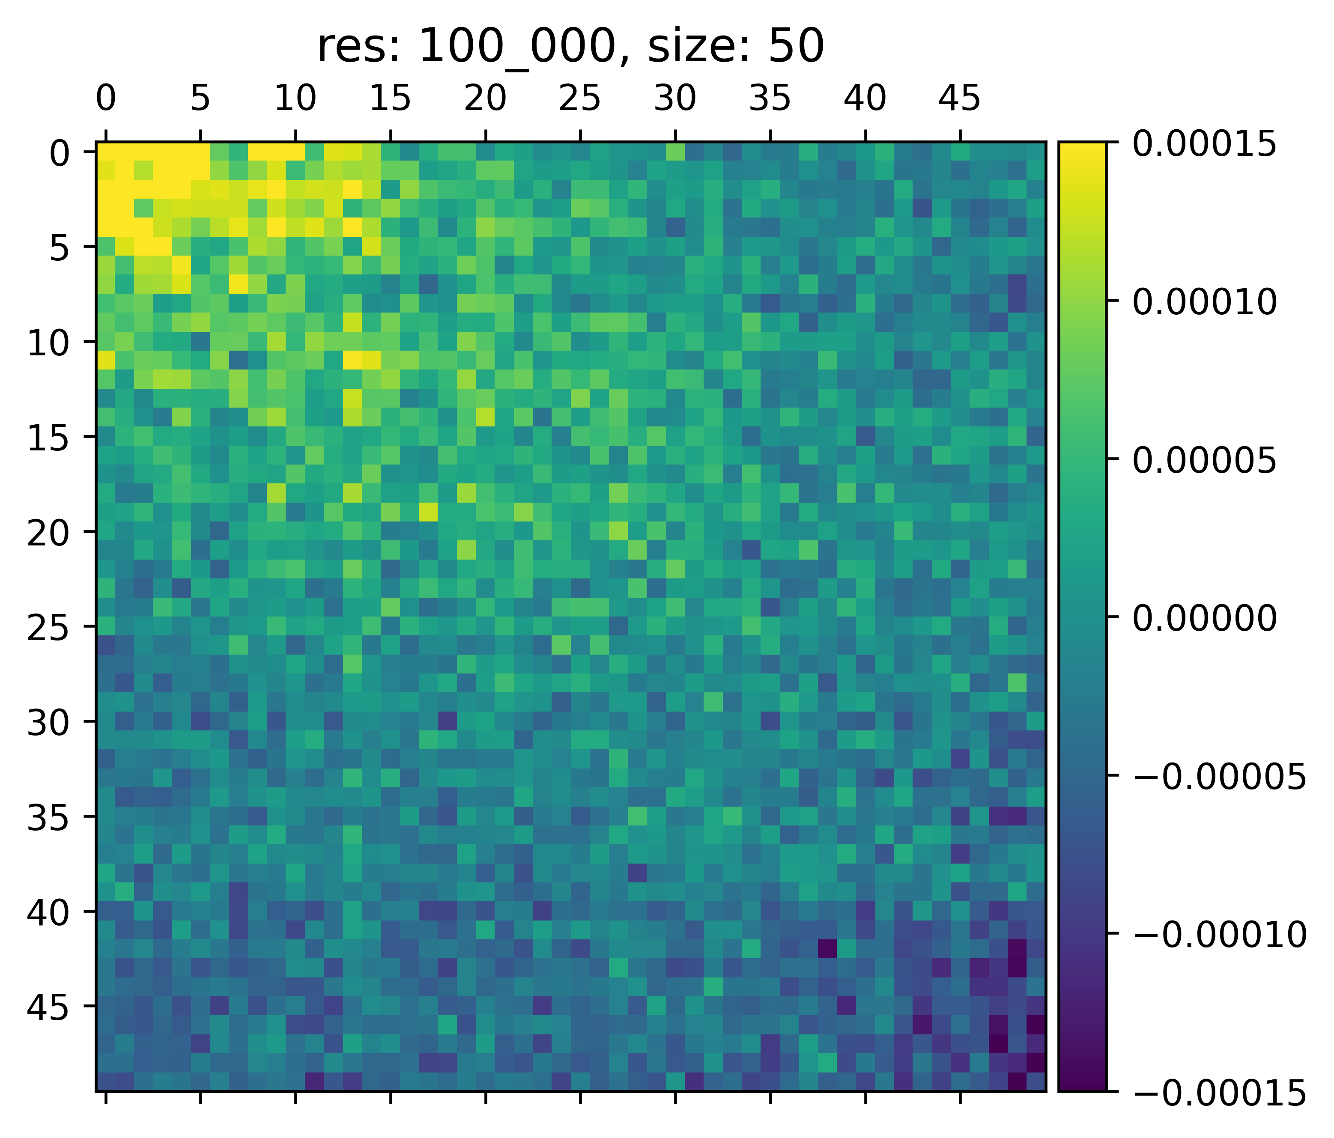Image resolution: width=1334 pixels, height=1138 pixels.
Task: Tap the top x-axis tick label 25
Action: (x=580, y=100)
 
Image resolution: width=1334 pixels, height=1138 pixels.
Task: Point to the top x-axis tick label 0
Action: (x=106, y=100)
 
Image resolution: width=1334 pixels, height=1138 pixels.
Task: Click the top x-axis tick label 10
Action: (x=295, y=100)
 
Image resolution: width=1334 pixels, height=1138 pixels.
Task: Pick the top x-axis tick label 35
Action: (x=770, y=100)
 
